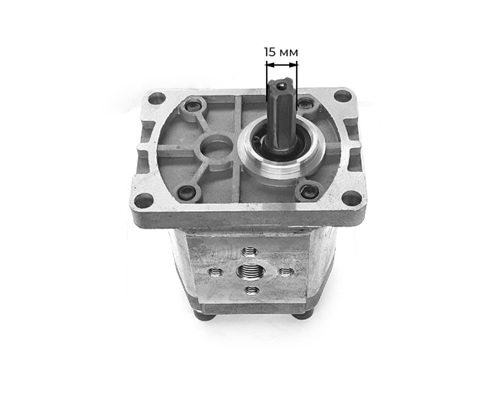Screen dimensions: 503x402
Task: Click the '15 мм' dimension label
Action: coord(281,52)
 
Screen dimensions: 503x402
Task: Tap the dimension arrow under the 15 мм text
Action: coord(282,65)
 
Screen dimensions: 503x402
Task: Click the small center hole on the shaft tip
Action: coord(281,86)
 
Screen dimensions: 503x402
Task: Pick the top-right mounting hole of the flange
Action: coord(342,96)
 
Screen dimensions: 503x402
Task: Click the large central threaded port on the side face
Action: coord(249,271)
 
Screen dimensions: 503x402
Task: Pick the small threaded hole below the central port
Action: coord(252,291)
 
